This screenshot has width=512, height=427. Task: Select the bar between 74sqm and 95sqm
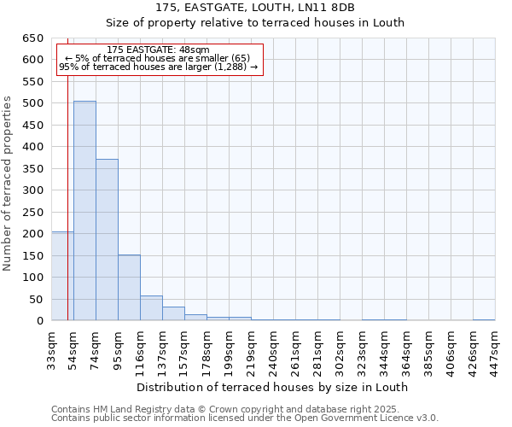coord(107,240)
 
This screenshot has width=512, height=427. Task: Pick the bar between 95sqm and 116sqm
coord(129,288)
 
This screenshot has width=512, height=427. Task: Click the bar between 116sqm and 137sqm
coord(151,308)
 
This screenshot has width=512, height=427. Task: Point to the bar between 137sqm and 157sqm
coord(173,313)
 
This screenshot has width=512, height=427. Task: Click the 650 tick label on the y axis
coord(32,38)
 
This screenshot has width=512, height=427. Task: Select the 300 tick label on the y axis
coord(32,190)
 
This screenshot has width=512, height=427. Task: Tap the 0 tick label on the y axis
coord(39,321)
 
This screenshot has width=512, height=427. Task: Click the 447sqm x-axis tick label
coord(495,348)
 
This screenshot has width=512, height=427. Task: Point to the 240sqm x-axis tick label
coord(273,348)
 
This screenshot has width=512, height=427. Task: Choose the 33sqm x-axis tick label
coord(51,348)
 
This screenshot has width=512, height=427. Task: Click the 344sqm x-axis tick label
coord(384,348)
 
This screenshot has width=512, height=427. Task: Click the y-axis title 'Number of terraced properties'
coord(8,183)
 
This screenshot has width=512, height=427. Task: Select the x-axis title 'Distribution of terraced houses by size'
coord(272,387)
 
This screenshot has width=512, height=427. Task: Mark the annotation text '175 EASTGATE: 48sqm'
coord(158,50)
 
